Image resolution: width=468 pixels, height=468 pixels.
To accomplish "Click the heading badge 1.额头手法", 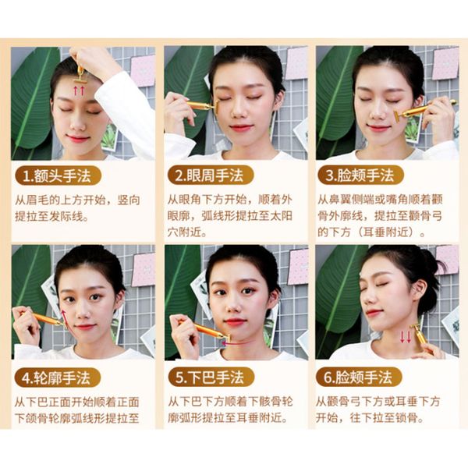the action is click(x=58, y=175).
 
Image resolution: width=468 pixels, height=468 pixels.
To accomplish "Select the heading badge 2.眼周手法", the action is click(x=211, y=175).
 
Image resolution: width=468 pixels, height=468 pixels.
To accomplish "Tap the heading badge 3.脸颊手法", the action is click(x=361, y=175).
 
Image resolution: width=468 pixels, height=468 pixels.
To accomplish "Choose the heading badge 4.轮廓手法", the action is click(x=57, y=378).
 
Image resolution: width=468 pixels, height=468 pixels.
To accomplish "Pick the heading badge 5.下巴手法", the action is click(x=211, y=378).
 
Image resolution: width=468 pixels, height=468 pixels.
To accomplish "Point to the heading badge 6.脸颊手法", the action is click(x=359, y=378).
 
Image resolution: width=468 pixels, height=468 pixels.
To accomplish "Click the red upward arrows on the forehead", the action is click(x=79, y=90).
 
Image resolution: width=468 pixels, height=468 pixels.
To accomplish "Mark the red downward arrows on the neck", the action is click(x=406, y=337).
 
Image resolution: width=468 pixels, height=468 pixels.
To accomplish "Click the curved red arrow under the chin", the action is click(x=236, y=343).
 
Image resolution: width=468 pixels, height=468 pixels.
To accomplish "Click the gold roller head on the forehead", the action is click(x=80, y=80).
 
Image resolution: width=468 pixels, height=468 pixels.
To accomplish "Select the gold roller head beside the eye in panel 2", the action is click(x=215, y=107).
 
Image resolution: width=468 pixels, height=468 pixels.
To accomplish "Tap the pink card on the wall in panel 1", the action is click(x=143, y=71).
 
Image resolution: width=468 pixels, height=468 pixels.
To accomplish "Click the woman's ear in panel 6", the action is click(x=420, y=290).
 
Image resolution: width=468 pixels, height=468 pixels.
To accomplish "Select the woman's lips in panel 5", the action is click(x=235, y=322).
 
